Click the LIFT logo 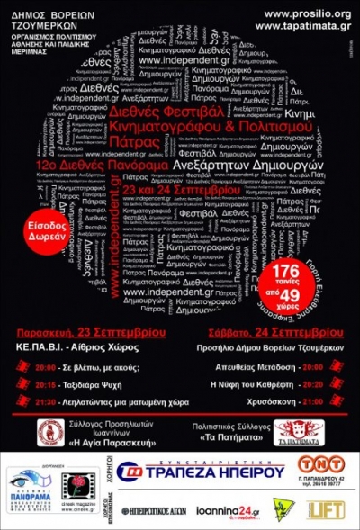(325, 509)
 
